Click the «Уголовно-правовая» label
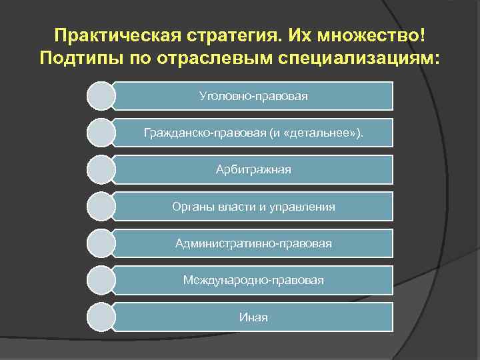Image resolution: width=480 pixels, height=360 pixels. (253, 96)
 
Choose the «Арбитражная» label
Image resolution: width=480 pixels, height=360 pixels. (253, 170)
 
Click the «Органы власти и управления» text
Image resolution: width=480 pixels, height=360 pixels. (253, 207)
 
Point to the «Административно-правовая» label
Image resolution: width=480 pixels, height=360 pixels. (253, 244)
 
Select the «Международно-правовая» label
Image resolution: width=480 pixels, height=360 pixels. (253, 281)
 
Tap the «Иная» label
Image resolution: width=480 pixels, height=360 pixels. (253, 317)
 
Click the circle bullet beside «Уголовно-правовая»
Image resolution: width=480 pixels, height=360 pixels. (101, 96)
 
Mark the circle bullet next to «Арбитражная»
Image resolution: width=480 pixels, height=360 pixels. (101, 170)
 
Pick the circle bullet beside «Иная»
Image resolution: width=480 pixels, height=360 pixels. (101, 317)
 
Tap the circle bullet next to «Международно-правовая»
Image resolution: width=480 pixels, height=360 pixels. (101, 281)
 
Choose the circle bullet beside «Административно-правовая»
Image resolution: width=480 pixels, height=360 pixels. (101, 244)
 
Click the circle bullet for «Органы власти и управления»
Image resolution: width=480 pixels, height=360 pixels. (101, 207)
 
